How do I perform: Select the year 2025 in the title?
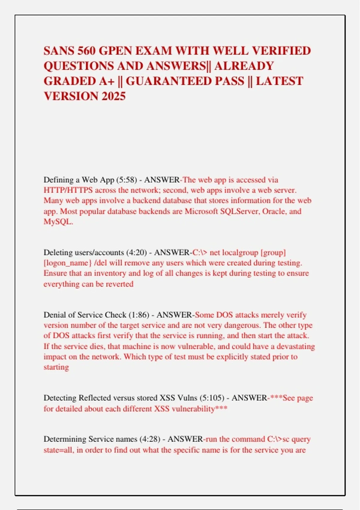[114, 96]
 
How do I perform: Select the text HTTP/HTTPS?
[68, 190]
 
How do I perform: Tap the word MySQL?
[58, 222]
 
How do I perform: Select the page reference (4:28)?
[150, 439]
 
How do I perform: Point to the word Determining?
[65, 439]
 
